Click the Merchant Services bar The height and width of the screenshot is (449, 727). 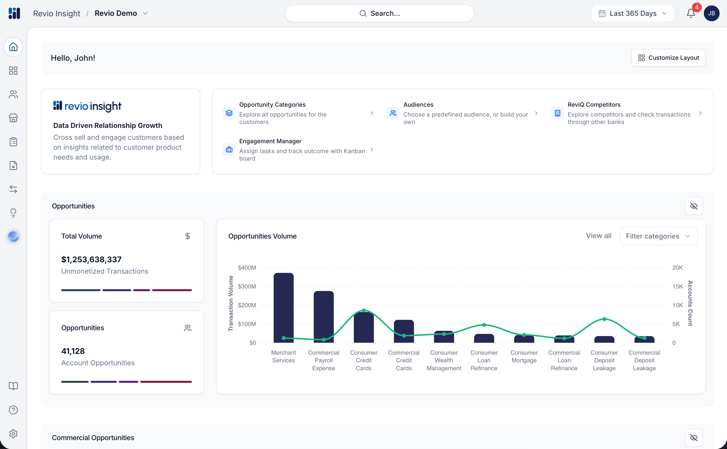[x=283, y=308]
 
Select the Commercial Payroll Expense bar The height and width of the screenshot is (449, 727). [x=323, y=317]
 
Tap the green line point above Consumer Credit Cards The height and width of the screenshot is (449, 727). [x=364, y=310]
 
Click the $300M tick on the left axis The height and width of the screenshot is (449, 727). [x=247, y=286]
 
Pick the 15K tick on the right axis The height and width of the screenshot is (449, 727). [x=677, y=286]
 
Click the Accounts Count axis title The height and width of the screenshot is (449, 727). [x=690, y=303]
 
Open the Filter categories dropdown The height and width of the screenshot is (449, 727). [x=658, y=236]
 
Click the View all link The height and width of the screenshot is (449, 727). [x=598, y=236]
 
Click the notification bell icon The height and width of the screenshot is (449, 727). [x=690, y=13]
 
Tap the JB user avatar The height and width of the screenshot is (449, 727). [x=711, y=13]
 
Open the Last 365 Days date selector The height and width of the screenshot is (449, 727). [x=633, y=13]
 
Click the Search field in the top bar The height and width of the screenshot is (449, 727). [x=379, y=13]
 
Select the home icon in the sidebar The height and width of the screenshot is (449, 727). [x=13, y=47]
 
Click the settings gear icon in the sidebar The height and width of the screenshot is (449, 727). [x=13, y=433]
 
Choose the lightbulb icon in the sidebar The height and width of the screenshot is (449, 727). [x=13, y=213]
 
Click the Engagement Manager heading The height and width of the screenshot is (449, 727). [x=270, y=141]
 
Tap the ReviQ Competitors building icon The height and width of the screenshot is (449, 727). [x=557, y=113]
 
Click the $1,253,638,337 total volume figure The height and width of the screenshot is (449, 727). [x=91, y=260]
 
